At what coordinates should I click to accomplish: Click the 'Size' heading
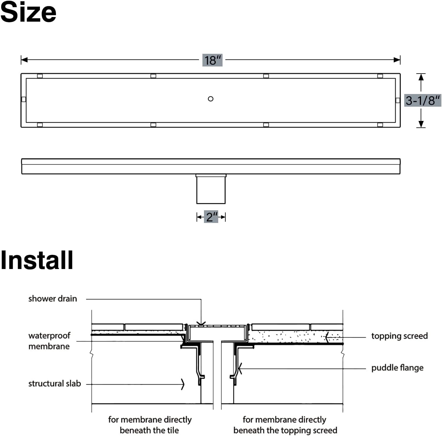coord(28,12)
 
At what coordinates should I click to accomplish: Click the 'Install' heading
coord(37,260)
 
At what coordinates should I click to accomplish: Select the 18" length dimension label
coord(213,60)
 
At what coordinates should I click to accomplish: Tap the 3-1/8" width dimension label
coord(422,100)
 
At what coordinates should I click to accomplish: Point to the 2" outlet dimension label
coord(211,217)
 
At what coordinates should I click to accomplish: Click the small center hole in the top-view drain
coord(210,99)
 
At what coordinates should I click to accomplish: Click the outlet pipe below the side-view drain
coord(211,189)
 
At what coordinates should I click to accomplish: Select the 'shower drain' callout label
coord(53,299)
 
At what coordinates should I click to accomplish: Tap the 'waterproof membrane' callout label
coord(49,341)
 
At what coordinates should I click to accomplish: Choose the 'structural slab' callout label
coord(54,383)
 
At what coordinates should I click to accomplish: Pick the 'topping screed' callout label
coord(399,336)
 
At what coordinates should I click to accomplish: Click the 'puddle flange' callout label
coord(397,368)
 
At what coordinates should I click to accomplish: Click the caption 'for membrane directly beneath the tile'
coord(149,425)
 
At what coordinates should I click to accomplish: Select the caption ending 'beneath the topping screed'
coord(285,425)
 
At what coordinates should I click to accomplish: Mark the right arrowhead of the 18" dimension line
coord(397,60)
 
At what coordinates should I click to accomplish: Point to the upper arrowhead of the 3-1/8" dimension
coord(421,77)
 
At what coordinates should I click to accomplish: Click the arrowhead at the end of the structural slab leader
coord(183,384)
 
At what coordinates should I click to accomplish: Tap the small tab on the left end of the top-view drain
coord(24,99)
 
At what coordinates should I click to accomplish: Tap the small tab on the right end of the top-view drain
coord(398,100)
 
